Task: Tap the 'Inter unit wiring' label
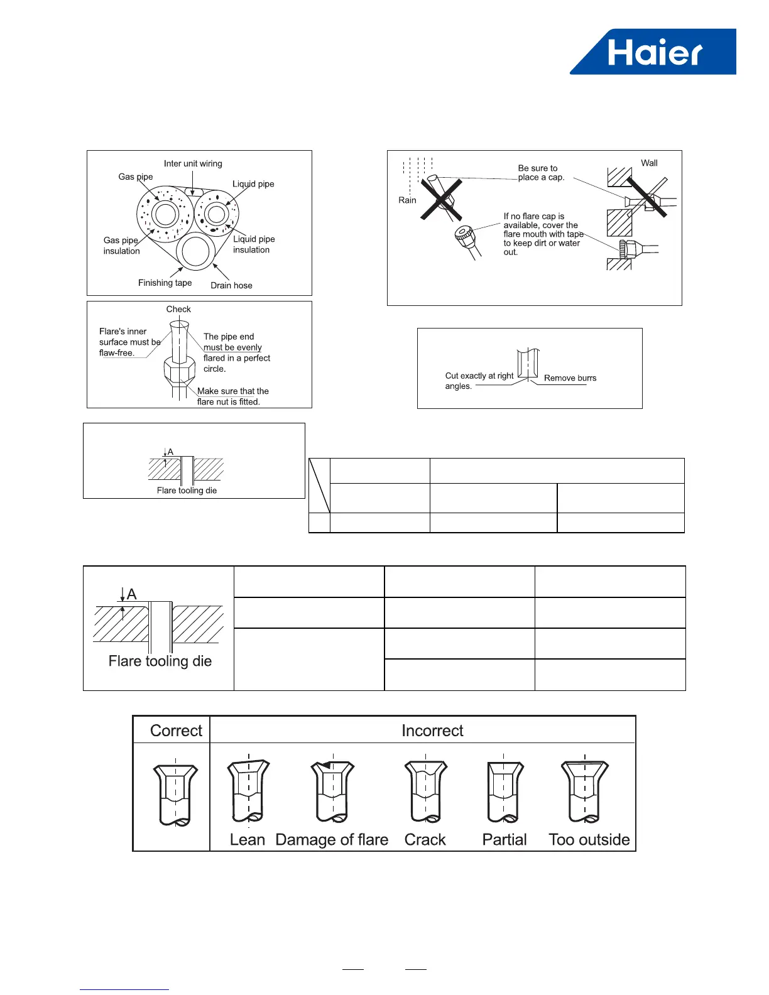point(193,164)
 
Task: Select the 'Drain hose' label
point(231,285)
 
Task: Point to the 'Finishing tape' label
point(165,283)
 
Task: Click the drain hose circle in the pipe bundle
point(196,251)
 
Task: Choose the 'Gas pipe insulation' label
point(121,246)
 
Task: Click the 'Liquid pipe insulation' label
point(254,244)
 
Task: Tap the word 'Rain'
point(407,200)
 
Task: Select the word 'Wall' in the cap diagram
point(649,163)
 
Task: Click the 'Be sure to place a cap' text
point(540,173)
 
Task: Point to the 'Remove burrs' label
point(570,378)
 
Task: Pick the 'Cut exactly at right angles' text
point(479,381)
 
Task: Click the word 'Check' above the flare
point(178,309)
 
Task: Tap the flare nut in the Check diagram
point(179,371)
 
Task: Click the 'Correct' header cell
point(176,731)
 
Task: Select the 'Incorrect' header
point(432,731)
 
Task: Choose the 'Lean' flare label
point(248,840)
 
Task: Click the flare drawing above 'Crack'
point(425,791)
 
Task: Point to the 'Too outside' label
point(589,840)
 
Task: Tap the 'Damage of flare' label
point(332,840)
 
